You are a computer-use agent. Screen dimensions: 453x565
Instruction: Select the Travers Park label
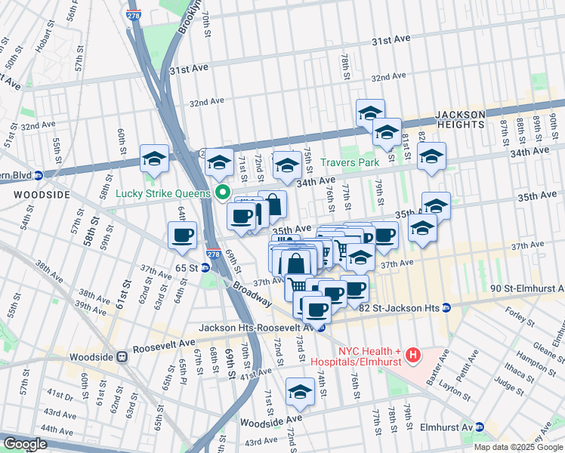click(349, 162)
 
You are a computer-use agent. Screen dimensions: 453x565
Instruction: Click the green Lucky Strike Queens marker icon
click(223, 193)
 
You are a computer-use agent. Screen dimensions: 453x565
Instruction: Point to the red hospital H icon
click(412, 353)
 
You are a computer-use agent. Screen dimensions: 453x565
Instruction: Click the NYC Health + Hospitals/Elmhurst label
click(371, 357)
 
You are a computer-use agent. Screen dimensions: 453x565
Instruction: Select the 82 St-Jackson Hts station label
click(400, 308)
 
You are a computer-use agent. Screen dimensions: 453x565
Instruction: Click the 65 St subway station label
click(186, 268)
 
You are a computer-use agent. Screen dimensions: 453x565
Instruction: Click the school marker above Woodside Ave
click(301, 393)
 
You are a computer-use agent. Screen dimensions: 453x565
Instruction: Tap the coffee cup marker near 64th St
click(183, 236)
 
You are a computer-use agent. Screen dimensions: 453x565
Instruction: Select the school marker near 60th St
click(155, 159)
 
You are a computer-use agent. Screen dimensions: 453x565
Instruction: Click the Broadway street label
click(253, 294)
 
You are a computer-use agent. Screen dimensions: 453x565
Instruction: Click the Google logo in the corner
click(25, 444)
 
